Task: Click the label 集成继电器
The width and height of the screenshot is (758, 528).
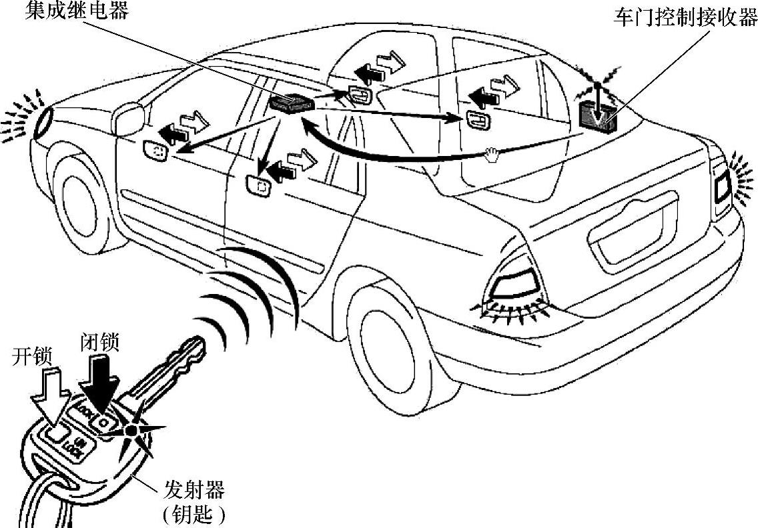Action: pos(77,11)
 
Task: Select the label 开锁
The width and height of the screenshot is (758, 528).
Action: pos(30,357)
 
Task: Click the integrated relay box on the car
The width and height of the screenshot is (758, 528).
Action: pos(292,103)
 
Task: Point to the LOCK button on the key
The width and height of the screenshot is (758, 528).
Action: pos(103,421)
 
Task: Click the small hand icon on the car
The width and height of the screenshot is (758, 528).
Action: pos(493,155)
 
